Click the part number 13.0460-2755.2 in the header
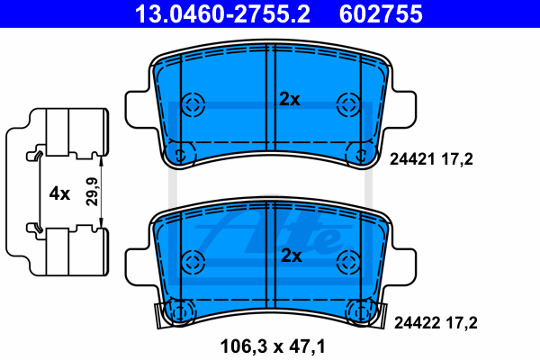coord(222,14)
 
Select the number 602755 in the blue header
coord(381,14)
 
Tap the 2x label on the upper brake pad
coord(290,99)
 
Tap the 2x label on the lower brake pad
coord(292,256)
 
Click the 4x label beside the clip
coord(59,193)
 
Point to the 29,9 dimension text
coord(92,192)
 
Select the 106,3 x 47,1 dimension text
coord(273,346)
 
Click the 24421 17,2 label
coord(431,159)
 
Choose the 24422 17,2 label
coord(436,323)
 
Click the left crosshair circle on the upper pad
coord(193,104)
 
